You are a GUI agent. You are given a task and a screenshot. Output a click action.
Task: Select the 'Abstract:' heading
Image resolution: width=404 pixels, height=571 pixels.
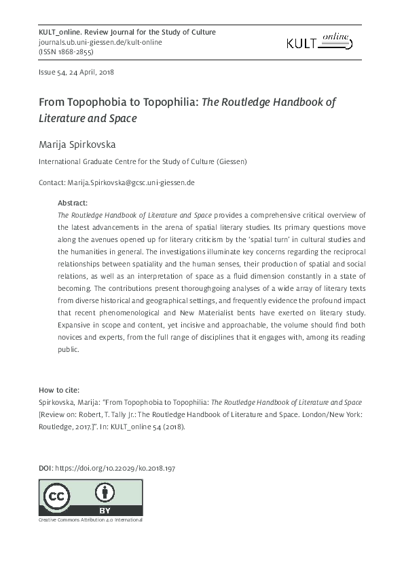pos(73,202)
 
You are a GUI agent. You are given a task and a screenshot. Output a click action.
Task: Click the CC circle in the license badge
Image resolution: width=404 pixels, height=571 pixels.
pos(57,497)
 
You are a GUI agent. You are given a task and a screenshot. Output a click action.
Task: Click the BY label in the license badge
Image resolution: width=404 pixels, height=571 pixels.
pos(104,509)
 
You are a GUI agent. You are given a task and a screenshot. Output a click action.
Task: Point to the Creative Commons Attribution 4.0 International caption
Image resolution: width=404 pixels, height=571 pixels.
pos(90,519)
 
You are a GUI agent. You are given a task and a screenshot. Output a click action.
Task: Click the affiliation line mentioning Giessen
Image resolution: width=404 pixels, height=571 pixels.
pos(143,162)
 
